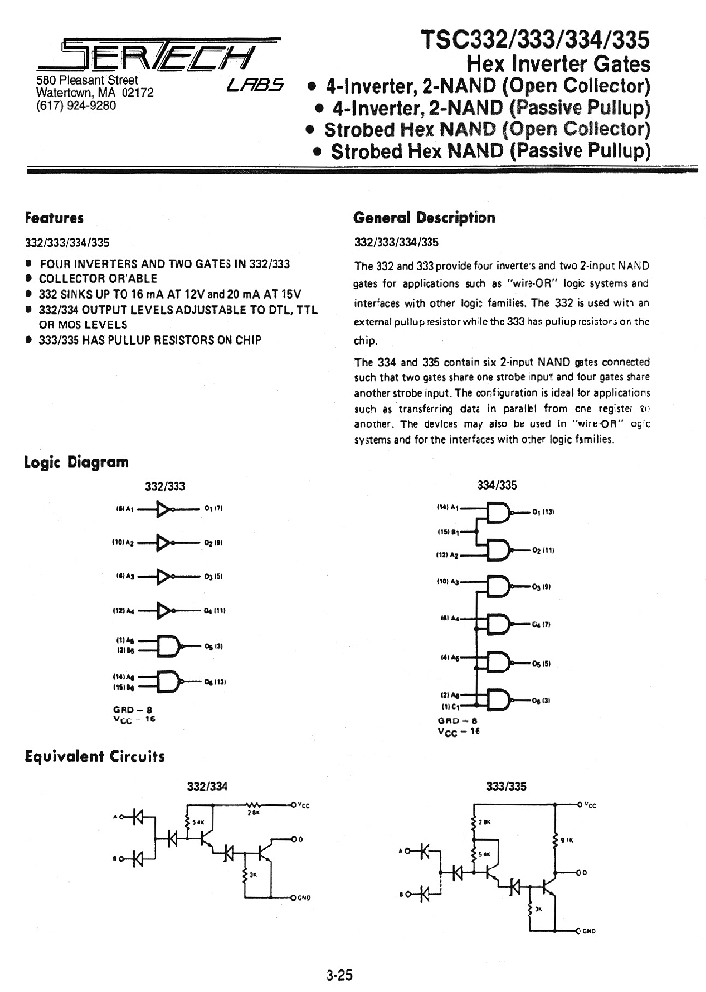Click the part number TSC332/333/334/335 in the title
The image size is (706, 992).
[x=534, y=39]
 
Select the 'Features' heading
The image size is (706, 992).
[x=54, y=218]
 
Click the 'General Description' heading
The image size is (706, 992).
[x=424, y=218]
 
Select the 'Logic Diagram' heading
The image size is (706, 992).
[x=76, y=462]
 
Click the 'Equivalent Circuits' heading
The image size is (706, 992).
[x=94, y=756]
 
